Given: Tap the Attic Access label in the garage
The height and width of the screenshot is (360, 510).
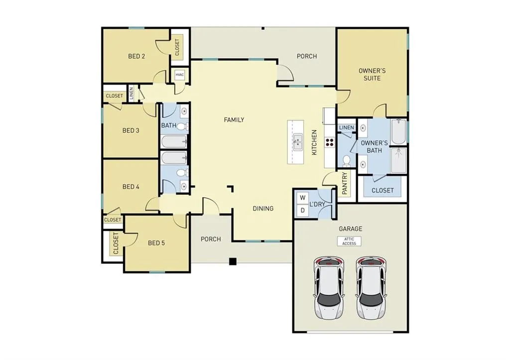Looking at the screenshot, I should (349, 241).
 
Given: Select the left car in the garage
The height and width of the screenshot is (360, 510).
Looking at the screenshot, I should (329, 288).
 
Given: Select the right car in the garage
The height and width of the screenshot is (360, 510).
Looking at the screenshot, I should (371, 288).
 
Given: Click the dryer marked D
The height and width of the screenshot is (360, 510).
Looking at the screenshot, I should (302, 211).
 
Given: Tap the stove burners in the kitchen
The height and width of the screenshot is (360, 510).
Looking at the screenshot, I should (329, 142).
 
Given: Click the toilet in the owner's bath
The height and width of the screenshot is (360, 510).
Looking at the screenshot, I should (346, 161).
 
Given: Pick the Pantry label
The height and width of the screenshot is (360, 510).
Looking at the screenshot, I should (345, 183).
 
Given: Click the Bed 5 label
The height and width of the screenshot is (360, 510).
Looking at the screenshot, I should (156, 243).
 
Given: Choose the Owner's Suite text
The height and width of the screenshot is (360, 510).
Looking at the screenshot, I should (372, 74).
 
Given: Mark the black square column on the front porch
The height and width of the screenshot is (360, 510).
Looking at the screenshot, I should (232, 261).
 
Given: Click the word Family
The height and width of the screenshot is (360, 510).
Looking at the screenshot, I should (234, 120).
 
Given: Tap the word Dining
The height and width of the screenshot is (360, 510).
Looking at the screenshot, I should (262, 208).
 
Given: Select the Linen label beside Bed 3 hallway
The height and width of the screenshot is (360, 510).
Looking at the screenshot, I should (131, 93).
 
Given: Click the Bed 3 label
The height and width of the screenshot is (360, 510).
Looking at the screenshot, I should (130, 130).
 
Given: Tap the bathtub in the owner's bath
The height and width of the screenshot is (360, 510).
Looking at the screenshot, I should (398, 131).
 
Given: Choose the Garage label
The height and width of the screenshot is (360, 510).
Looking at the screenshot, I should (350, 229).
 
